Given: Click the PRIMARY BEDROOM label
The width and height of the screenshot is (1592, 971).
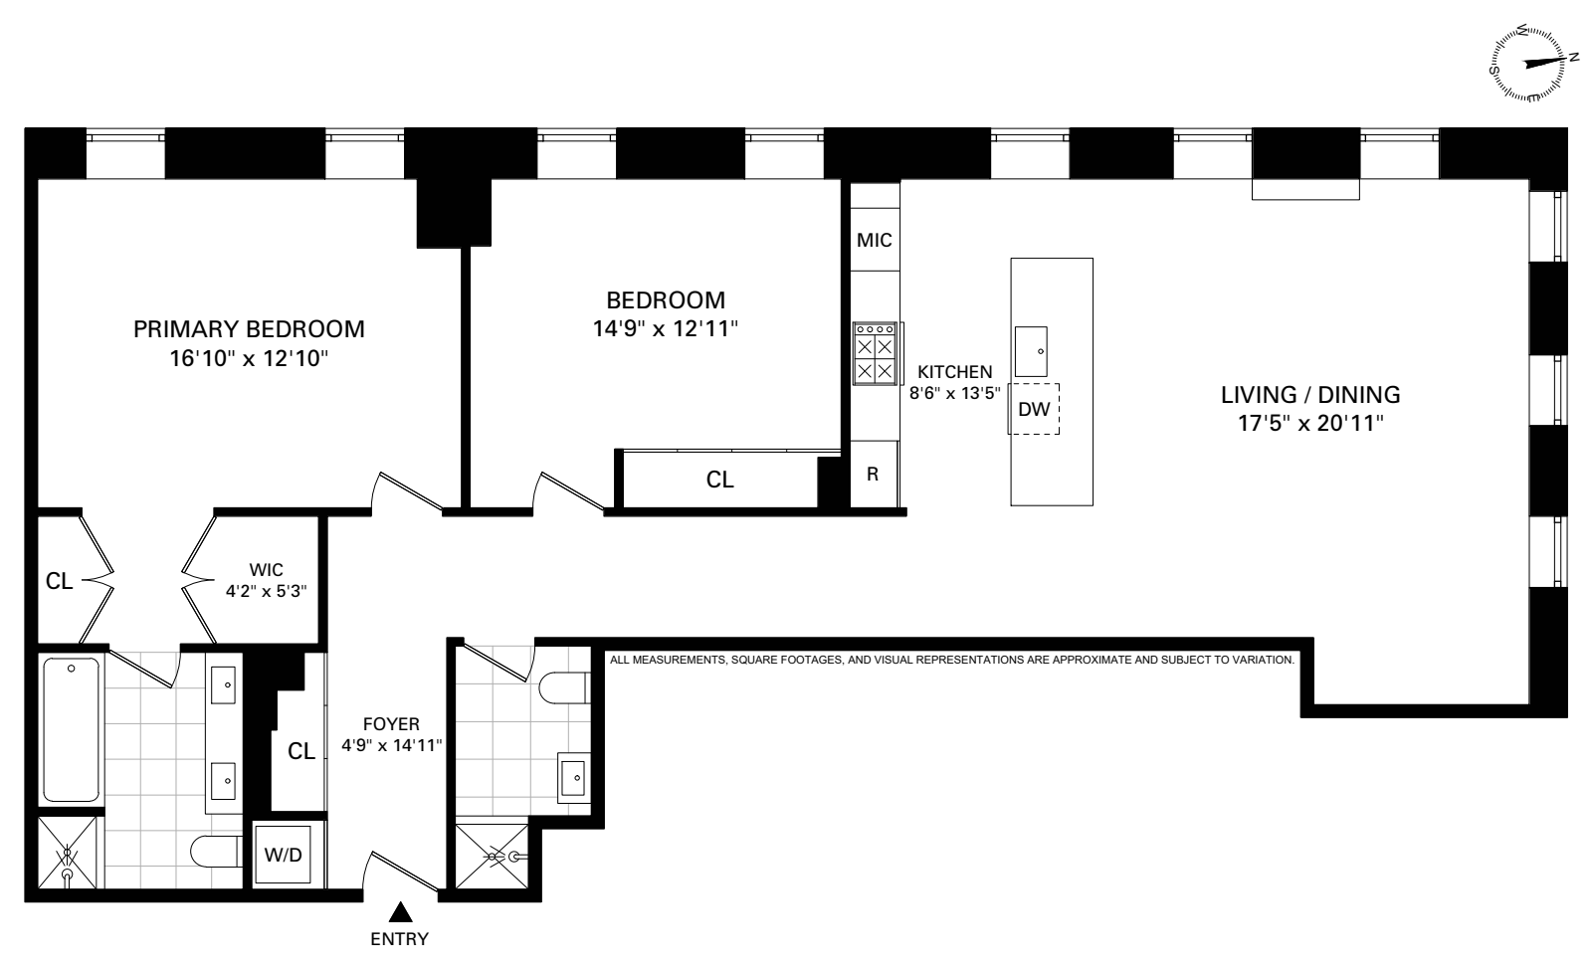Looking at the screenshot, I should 249,328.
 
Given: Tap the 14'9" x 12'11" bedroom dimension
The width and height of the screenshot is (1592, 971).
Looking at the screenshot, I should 666,329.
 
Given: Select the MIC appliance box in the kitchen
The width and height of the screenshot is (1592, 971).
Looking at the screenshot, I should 874,240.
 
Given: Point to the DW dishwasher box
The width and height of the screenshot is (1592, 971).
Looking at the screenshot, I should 1034,408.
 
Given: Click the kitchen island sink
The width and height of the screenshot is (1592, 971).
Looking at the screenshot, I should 1031,350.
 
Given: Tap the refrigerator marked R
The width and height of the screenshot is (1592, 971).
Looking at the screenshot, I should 873,475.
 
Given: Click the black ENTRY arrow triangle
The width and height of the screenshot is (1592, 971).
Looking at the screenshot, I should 400,911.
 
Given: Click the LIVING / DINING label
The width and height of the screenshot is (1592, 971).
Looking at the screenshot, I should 1310,394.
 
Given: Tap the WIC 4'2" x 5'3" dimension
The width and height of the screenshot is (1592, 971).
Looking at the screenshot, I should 266,590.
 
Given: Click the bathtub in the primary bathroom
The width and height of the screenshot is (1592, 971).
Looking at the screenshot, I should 71,728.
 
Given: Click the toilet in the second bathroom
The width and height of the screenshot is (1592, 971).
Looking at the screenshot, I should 565,686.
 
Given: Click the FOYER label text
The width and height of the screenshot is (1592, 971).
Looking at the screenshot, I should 392,724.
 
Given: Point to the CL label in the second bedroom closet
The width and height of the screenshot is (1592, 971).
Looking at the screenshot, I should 719,480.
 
